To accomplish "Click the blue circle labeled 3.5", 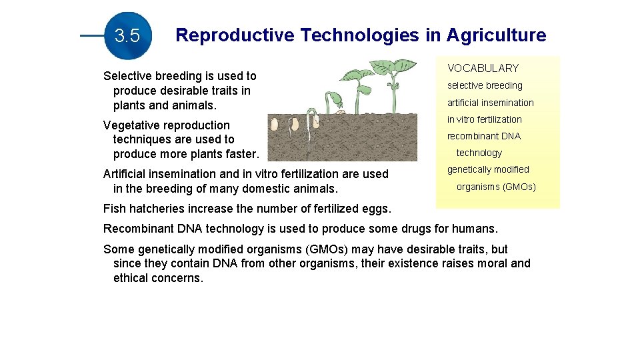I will (x=127, y=36).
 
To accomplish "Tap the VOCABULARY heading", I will (x=483, y=68).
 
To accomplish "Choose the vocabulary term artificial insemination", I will (x=490, y=103).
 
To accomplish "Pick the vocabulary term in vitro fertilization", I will (x=484, y=119).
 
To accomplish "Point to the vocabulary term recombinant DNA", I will (x=483, y=136).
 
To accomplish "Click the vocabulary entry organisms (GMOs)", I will (x=495, y=187).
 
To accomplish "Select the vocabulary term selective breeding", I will (x=485, y=85).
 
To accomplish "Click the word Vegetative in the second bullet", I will (x=133, y=125).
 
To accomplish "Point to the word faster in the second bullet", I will (x=239, y=154).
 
